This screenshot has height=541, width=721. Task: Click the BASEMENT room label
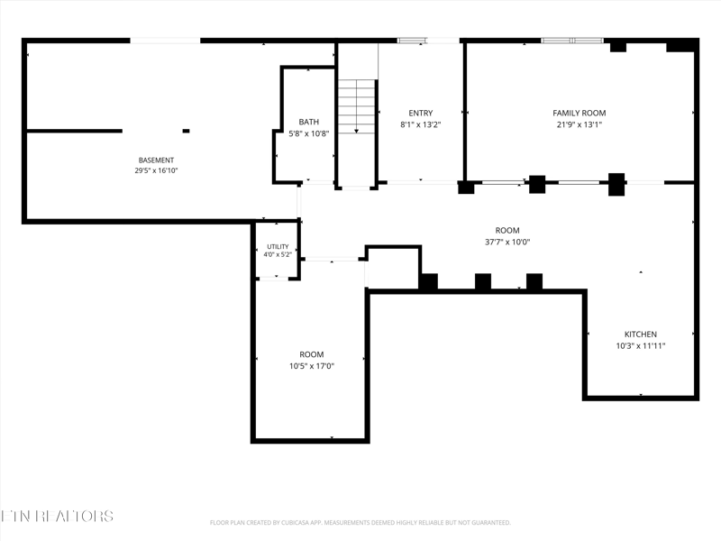pyautogui.click(x=156, y=160)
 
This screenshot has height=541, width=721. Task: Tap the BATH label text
pyautogui.click(x=308, y=122)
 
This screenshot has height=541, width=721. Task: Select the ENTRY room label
pyautogui.click(x=421, y=114)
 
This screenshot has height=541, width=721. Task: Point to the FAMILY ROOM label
pyautogui.click(x=580, y=114)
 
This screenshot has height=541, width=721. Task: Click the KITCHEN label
pyautogui.click(x=641, y=335)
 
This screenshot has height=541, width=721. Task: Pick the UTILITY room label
pyautogui.click(x=278, y=246)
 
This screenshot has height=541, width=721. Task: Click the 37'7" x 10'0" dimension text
pyautogui.click(x=507, y=242)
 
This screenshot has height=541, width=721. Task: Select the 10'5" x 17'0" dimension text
pyautogui.click(x=312, y=366)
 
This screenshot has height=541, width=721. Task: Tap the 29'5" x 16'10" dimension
pyautogui.click(x=156, y=170)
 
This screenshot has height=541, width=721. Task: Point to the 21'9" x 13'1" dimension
pyautogui.click(x=580, y=124)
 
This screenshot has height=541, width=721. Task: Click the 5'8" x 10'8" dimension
pyautogui.click(x=308, y=133)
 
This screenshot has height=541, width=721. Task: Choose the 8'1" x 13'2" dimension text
pyautogui.click(x=421, y=124)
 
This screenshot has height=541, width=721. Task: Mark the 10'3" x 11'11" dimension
pyautogui.click(x=641, y=346)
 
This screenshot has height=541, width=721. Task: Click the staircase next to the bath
pyautogui.click(x=357, y=106)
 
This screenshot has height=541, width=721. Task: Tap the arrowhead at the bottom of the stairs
pyautogui.click(x=357, y=132)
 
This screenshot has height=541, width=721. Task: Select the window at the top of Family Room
pyautogui.click(x=572, y=41)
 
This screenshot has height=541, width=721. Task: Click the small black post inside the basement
pyautogui.click(x=186, y=131)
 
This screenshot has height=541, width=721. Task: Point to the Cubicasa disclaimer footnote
pyautogui.click(x=360, y=523)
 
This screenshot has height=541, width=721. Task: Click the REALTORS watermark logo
pyautogui.click(x=57, y=516)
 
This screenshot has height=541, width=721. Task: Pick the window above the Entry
pyautogui.click(x=412, y=41)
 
